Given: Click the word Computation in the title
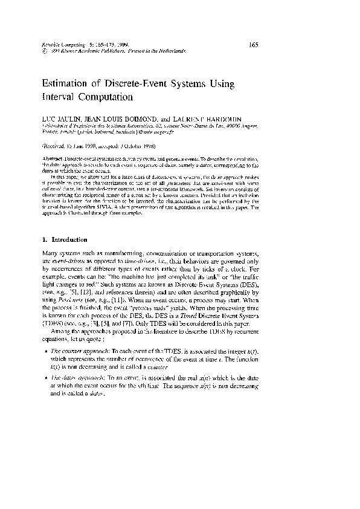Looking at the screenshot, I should click(105, 96).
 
